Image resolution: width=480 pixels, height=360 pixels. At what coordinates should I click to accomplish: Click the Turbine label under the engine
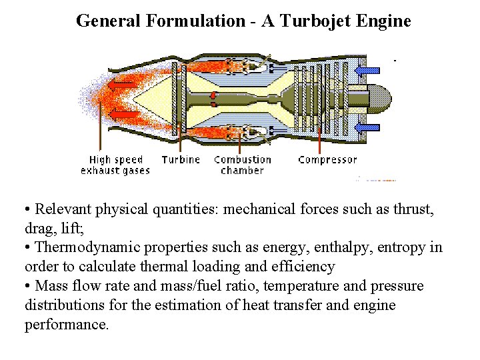[x=181, y=159]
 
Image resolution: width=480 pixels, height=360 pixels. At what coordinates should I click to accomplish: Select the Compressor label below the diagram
[x=327, y=159]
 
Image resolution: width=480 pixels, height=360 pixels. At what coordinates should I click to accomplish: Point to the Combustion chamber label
[x=243, y=165]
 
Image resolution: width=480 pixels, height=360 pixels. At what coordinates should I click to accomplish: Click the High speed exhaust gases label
[x=115, y=165]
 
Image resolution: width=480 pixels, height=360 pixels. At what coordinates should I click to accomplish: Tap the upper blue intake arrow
[x=367, y=69]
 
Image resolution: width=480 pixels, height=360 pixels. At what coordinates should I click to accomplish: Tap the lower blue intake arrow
[x=367, y=127]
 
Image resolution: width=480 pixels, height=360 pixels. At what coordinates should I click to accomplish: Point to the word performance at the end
[x=65, y=325]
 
